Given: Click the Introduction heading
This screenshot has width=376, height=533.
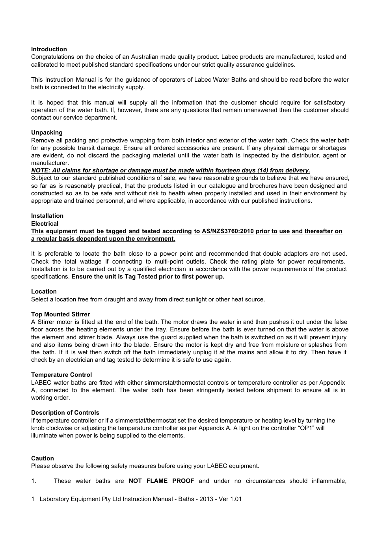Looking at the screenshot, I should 49,49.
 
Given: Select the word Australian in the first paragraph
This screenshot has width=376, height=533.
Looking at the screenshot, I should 145,57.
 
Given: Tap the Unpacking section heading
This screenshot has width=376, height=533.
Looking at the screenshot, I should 47,133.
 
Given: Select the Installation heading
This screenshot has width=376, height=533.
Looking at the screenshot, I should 47,216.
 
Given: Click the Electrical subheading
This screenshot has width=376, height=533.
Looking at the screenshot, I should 45,224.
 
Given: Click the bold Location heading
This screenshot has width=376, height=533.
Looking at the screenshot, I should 44,292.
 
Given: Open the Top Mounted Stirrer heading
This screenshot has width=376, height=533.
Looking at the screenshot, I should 60,314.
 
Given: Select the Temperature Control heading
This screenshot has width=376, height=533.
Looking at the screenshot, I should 61,375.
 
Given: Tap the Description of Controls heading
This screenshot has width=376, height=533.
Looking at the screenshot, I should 65,413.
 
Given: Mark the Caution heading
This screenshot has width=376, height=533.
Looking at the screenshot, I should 42,458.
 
